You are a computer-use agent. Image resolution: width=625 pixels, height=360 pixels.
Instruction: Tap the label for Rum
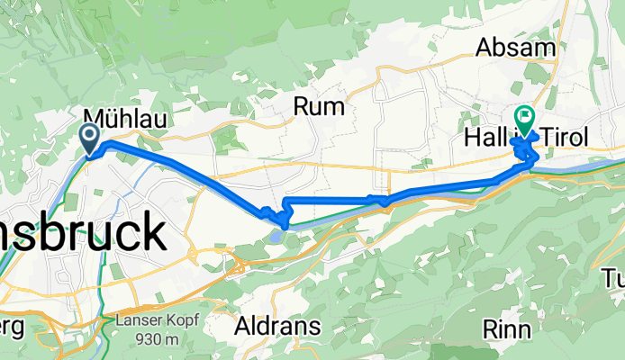coord(319,107)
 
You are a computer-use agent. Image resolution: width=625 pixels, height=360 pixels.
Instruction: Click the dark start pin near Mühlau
coord(91,138)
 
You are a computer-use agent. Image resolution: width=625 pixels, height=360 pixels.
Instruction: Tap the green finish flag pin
coord(523,118)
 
